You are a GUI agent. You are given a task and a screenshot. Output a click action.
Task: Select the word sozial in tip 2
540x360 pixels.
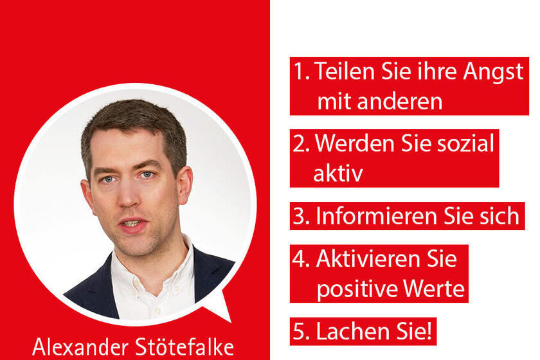pyautogui.click(x=461, y=144)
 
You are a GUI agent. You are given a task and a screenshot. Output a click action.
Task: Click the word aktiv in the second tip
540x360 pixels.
pyautogui.click(x=337, y=174)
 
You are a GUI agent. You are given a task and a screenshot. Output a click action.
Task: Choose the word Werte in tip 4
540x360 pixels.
pyautogui.click(x=435, y=289)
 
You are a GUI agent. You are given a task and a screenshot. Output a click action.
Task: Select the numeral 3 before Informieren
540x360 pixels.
pyautogui.click(x=300, y=216)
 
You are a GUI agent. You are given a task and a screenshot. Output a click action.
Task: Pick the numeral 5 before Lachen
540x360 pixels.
pyautogui.click(x=300, y=332)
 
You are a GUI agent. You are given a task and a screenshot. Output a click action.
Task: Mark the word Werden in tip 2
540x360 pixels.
pyautogui.click(x=351, y=144)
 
